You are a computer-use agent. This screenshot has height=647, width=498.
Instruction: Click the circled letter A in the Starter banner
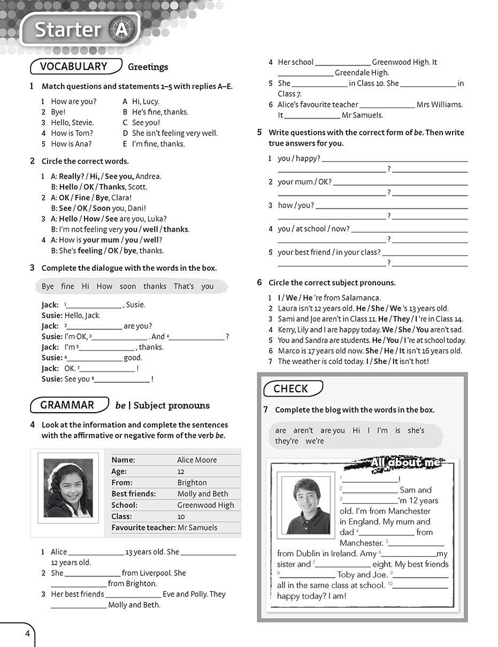tap(121, 30)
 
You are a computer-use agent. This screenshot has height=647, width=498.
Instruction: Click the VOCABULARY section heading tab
tap(73, 66)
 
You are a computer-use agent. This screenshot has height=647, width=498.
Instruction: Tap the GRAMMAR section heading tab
tap(67, 405)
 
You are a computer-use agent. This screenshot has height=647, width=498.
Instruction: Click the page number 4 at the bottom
tap(27, 635)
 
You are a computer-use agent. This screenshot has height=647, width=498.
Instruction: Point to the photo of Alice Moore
tap(68, 487)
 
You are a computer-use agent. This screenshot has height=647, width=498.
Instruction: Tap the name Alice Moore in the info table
tap(197, 460)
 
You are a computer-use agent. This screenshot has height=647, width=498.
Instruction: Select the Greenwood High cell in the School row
tap(205, 505)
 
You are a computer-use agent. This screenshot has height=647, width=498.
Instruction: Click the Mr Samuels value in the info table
tap(197, 527)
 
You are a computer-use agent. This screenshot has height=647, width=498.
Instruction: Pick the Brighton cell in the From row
tap(192, 482)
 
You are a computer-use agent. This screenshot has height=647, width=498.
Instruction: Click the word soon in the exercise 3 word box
tap(128, 286)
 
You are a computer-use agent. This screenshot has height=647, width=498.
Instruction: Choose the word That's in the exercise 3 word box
tap(183, 286)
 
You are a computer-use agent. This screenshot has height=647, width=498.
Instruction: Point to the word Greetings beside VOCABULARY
tap(148, 67)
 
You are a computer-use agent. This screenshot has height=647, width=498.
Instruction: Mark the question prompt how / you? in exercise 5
tap(296, 205)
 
